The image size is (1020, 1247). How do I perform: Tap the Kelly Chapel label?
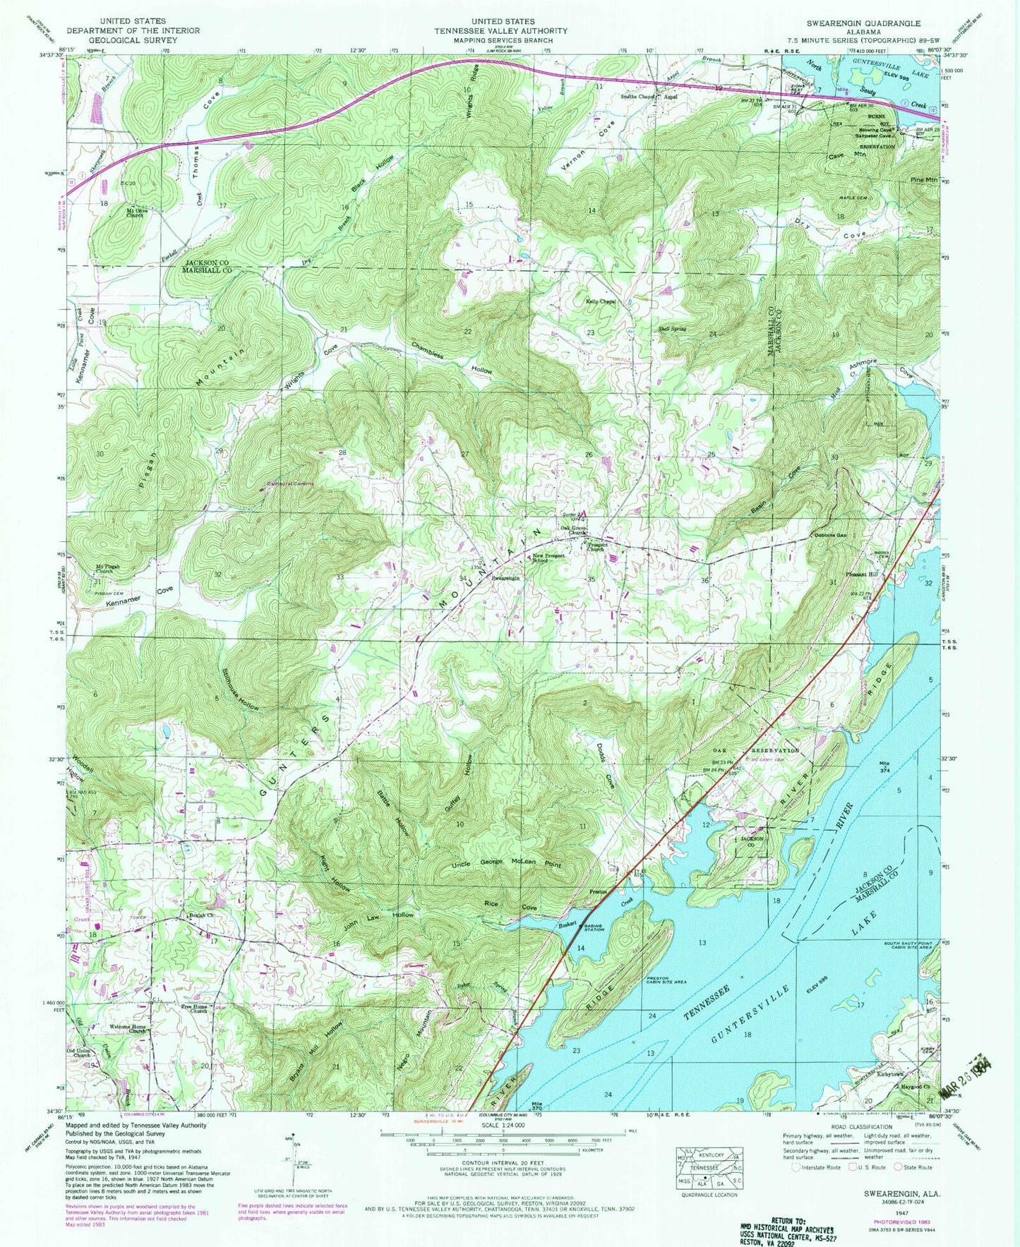[x=601, y=301]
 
